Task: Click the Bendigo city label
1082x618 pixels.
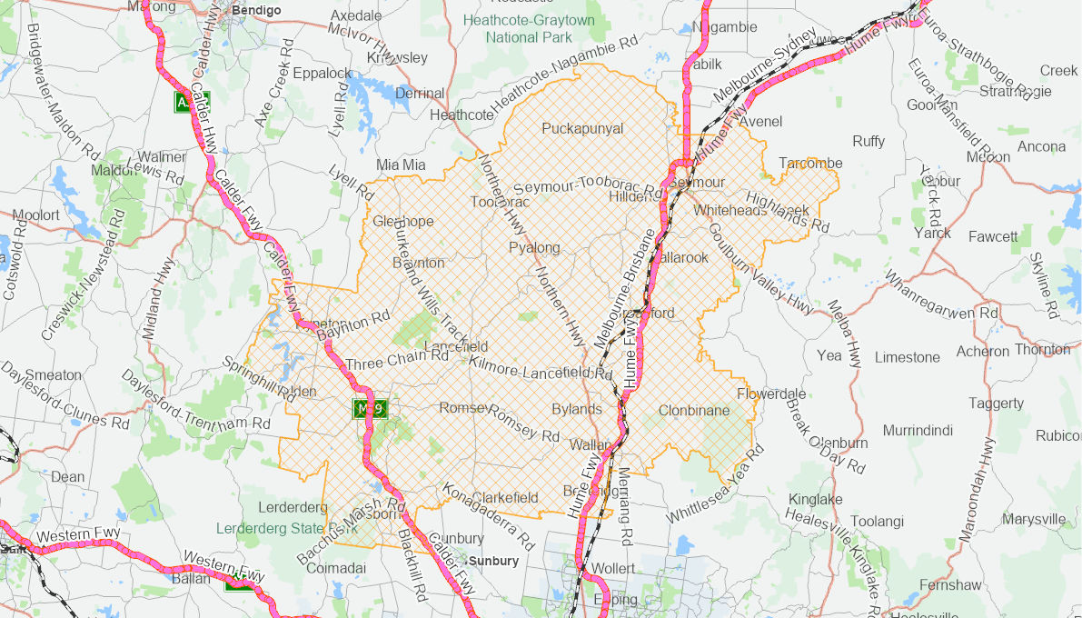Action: [257, 10]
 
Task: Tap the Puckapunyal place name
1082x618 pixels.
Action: [582, 128]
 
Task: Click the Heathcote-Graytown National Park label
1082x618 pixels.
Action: [529, 28]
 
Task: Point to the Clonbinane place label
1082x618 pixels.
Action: [694, 411]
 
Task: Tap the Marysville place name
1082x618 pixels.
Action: [1034, 519]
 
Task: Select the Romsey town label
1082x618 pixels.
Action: [464, 408]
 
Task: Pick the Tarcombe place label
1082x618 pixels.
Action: [810, 163]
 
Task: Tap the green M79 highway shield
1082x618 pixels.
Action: [370, 409]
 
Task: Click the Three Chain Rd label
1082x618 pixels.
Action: [397, 357]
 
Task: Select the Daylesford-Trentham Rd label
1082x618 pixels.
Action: [194, 402]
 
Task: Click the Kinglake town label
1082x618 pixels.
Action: [815, 499]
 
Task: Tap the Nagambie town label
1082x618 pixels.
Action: [724, 27]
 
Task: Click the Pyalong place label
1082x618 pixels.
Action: [534, 248]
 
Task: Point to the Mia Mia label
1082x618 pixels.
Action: [401, 164]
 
